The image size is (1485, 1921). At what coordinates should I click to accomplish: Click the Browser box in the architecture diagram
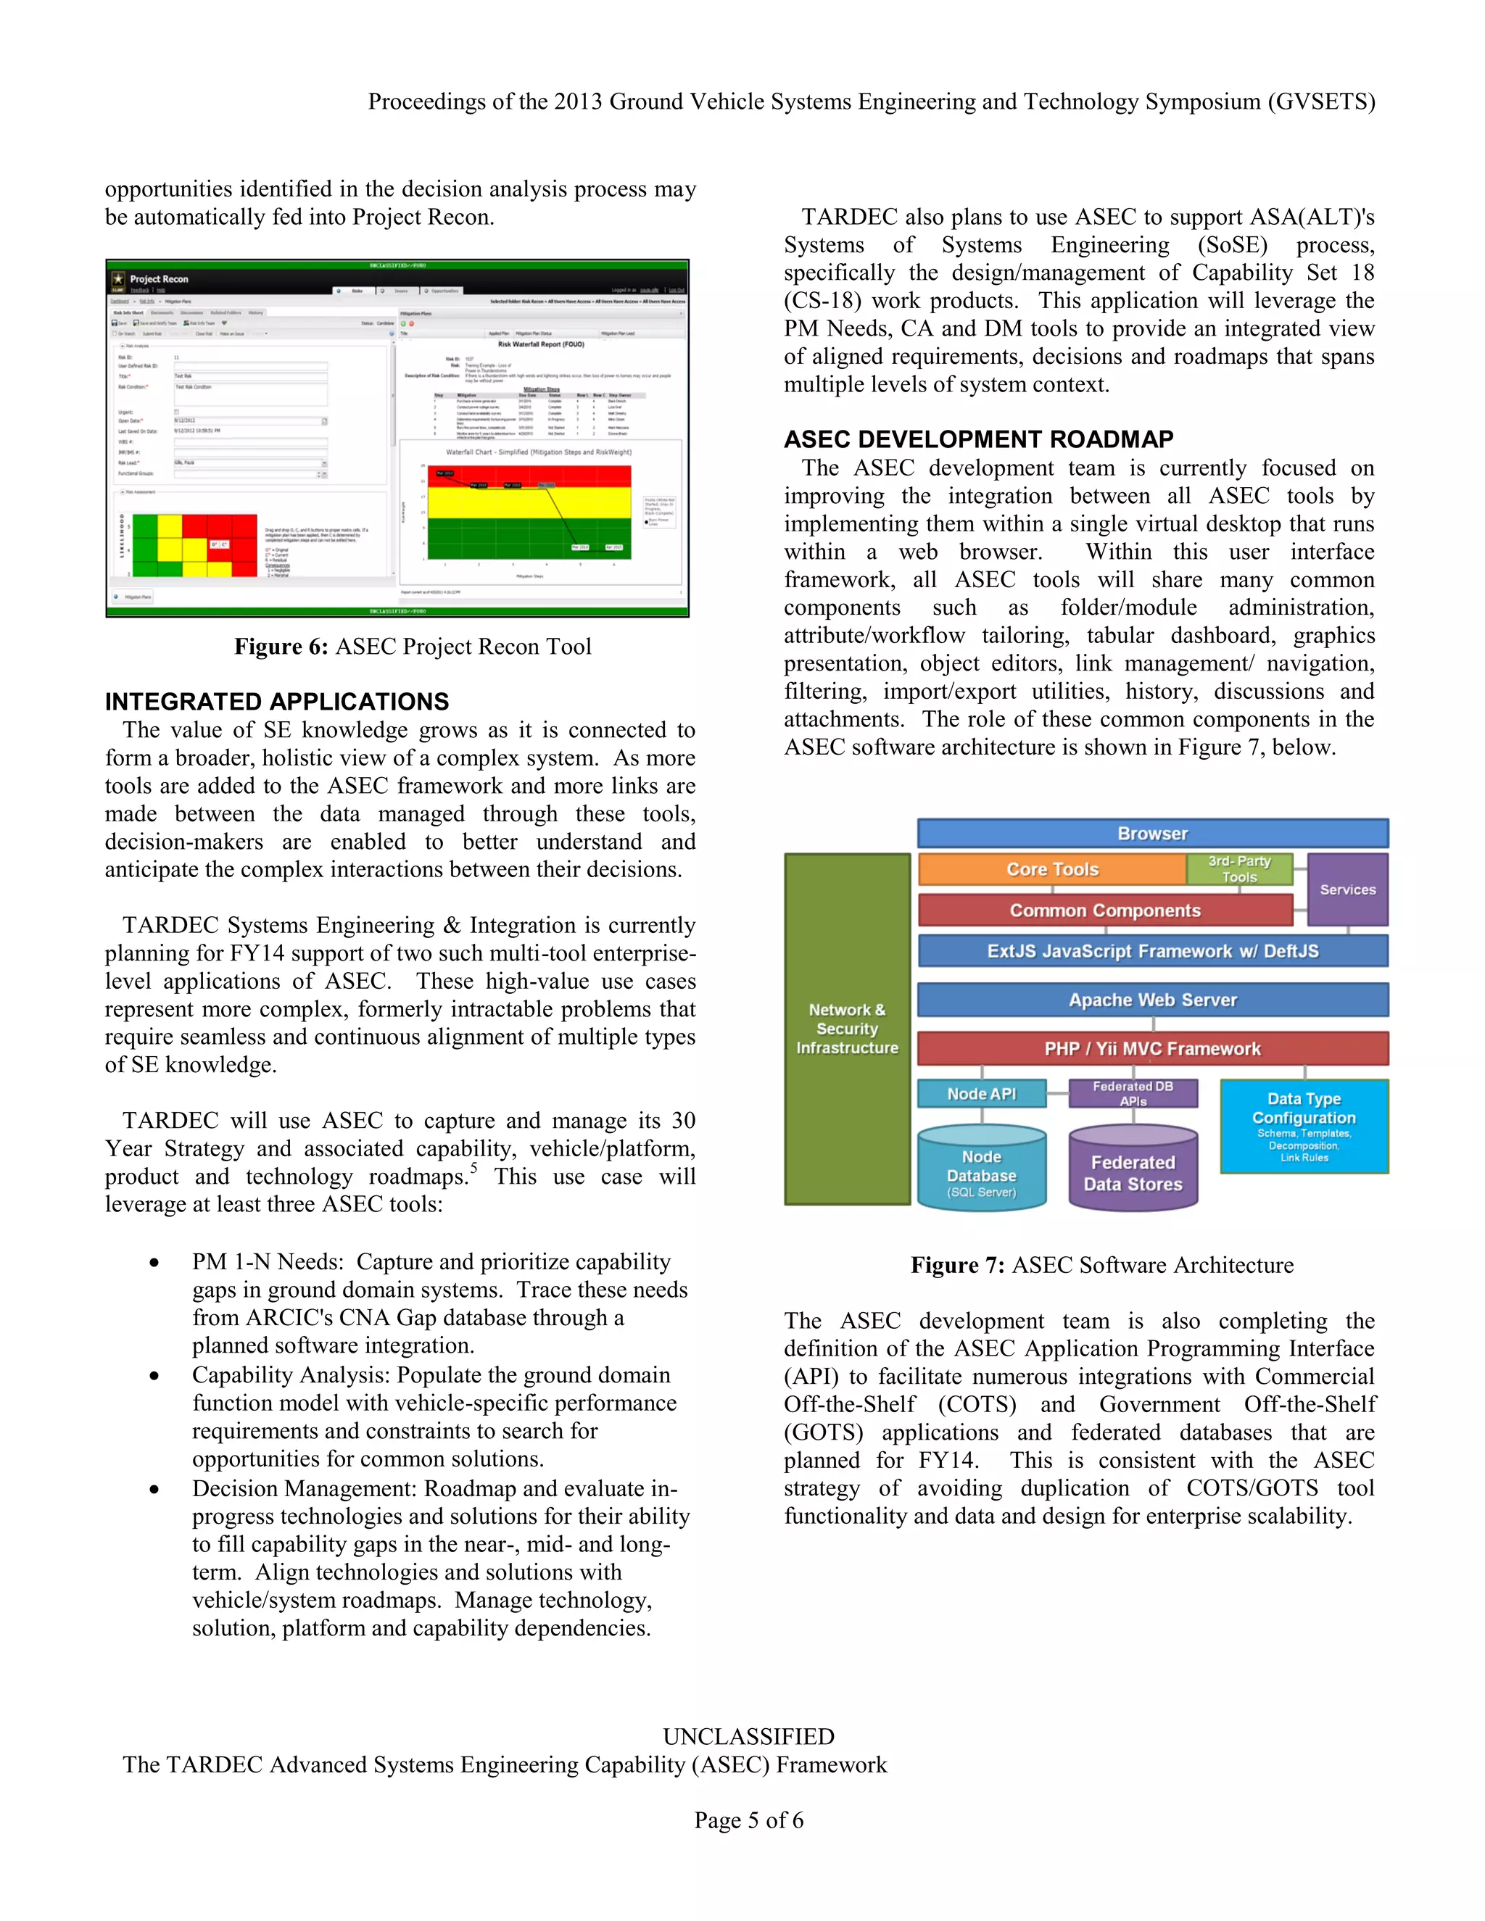pos(1152,833)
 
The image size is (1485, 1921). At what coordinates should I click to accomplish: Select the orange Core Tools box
pos(1052,869)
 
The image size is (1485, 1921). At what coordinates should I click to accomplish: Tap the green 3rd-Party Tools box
pos(1238,869)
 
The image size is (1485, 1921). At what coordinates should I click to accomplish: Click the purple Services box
pos(1347,889)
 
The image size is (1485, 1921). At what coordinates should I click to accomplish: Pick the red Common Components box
pos(1105,910)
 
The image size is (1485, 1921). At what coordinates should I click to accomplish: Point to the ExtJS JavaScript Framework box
pos(1152,951)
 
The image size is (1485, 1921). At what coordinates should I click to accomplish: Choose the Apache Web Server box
pos(1152,1000)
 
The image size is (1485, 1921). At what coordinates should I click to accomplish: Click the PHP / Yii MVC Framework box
pos(1152,1048)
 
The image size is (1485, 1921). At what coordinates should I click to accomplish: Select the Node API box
pos(981,1093)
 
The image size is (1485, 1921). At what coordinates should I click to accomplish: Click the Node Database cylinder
pos(981,1170)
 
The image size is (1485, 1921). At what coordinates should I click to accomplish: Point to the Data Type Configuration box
pos(1304,1126)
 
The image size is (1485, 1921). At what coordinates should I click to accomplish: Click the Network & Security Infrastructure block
pos(847,1028)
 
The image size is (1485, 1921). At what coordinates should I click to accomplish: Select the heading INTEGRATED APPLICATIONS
pos(277,701)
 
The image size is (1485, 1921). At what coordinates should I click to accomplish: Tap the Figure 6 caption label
pos(281,647)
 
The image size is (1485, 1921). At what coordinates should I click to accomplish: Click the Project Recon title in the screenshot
pos(160,279)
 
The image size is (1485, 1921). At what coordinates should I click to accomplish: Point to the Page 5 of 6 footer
pos(748,1820)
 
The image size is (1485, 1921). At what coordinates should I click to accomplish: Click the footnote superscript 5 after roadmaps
pos(473,1167)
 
